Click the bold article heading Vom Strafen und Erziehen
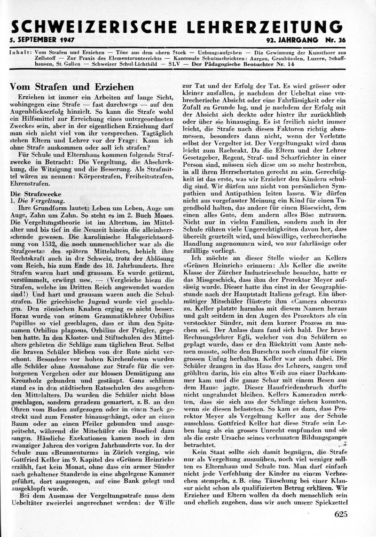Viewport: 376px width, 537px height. [x=72, y=87]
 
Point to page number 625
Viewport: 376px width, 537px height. [x=341, y=514]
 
